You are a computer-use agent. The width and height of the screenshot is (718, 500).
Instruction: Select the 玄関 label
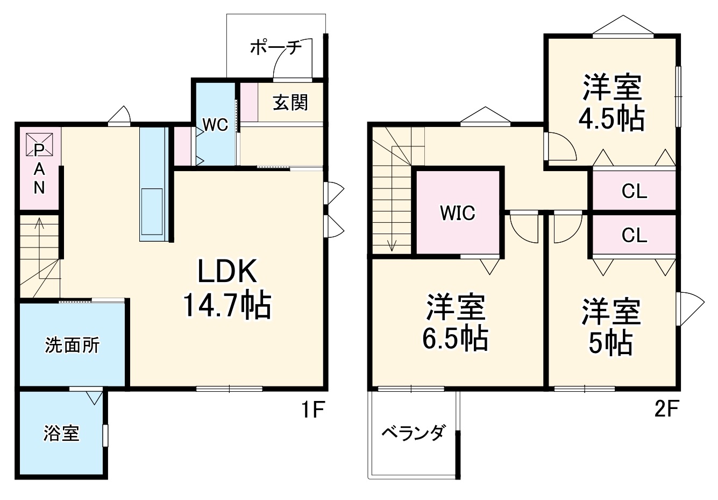pos(290,102)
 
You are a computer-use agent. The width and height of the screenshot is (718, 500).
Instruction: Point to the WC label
pos(215,125)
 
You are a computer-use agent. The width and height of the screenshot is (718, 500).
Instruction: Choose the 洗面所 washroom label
pos(72,345)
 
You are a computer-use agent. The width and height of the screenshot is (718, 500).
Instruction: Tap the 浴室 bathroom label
pos(61,433)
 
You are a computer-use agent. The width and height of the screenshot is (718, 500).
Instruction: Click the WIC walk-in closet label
pos(458,213)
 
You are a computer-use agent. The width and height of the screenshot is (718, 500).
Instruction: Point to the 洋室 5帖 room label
pos(610,327)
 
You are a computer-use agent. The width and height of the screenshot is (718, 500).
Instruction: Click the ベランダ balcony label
pos(413,433)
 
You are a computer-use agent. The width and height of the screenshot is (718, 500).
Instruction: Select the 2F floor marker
pos(666,411)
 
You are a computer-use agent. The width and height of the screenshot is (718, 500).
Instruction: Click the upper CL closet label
pos(634,191)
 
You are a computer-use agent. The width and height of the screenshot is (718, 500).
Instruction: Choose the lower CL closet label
pos(634,235)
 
